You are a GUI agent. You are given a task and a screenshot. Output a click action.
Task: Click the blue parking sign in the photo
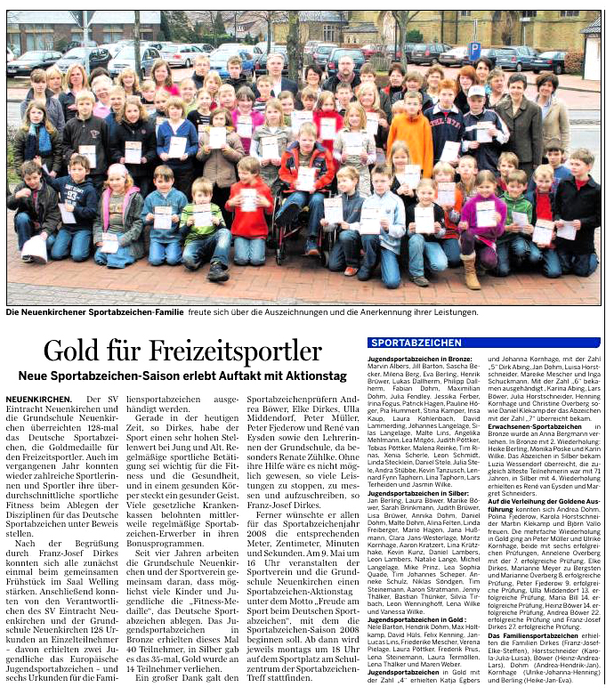click(474, 50)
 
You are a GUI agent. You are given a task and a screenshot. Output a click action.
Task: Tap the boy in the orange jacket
click(411, 128)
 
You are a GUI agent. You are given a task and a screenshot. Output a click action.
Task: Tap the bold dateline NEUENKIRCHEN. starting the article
click(38, 400)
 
